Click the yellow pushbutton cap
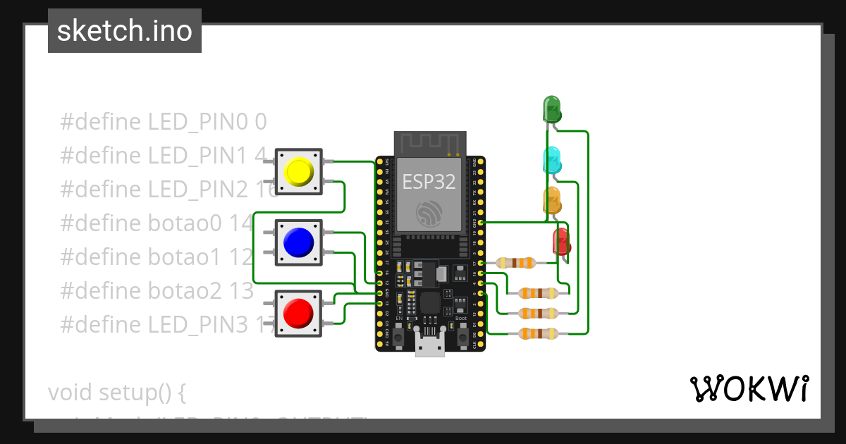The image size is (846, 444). [x=298, y=171]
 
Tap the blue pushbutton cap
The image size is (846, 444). [x=298, y=242]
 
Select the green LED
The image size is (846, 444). [x=551, y=109]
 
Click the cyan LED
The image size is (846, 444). [x=551, y=161]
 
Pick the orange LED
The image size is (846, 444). [x=551, y=201]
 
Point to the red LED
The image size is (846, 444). [x=561, y=242]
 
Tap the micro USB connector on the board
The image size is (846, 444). [x=430, y=347]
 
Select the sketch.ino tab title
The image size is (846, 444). [x=125, y=31]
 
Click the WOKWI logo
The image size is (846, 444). [x=749, y=389]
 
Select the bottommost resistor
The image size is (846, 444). [x=538, y=333]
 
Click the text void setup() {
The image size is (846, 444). [x=116, y=393]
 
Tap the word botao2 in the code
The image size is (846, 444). [x=184, y=291]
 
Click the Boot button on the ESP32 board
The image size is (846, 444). [x=462, y=336]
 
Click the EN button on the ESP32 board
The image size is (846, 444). [x=398, y=336]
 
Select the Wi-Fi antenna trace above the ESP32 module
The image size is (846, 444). [x=429, y=144]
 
